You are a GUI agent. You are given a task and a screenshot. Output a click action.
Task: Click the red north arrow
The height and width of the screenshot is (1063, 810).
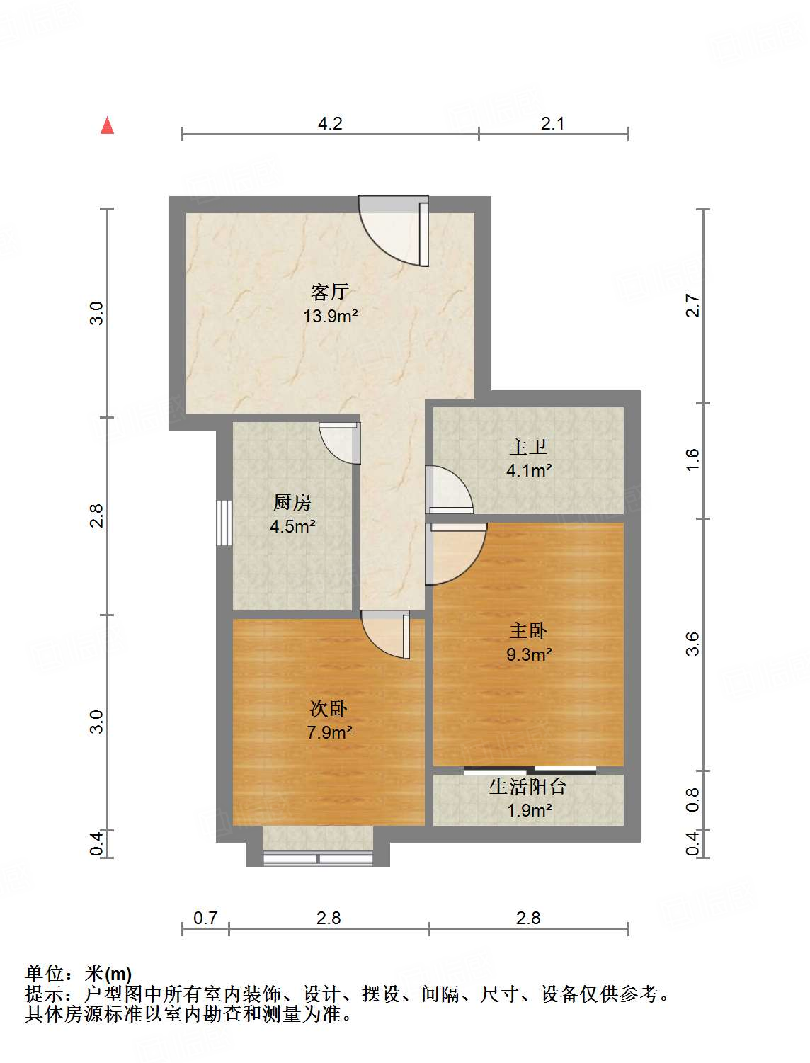tap(107, 125)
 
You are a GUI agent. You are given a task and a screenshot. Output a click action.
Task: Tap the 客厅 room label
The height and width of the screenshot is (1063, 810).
tap(330, 292)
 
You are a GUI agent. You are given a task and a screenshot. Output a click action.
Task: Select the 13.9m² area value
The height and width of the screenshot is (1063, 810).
tap(330, 316)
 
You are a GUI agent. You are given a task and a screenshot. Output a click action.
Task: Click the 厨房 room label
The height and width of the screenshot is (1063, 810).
tap(292, 502)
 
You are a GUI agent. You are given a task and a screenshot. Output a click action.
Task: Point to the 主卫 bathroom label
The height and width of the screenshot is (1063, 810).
tap(528, 447)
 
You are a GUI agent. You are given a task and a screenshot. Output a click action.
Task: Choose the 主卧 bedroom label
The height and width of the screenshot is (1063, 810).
tap(528, 630)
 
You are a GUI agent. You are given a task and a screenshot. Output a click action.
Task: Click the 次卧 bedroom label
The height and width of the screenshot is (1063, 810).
tap(329, 708)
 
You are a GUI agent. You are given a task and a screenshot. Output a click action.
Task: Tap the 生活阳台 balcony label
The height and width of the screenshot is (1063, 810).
tap(528, 786)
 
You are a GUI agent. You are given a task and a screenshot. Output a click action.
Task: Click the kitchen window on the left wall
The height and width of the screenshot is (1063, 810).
tap(224, 523)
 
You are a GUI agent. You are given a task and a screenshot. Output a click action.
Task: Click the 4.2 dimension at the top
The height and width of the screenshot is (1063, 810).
tap(330, 124)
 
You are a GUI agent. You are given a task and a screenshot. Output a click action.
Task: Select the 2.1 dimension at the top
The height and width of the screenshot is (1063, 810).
tap(553, 124)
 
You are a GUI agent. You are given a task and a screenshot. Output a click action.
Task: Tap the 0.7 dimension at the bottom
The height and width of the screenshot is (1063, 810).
tap(205, 918)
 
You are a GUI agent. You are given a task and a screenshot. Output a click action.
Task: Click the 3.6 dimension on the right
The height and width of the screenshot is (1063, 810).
tap(692, 644)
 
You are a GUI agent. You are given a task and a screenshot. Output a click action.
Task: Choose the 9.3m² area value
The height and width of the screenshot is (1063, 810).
tap(528, 654)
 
